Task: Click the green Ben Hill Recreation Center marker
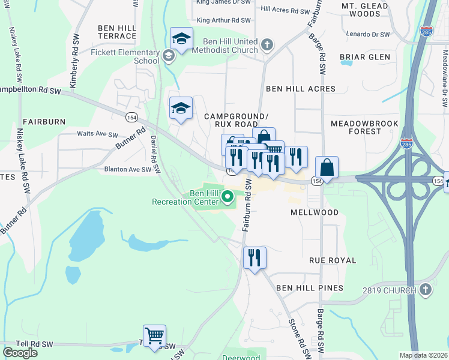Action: click(x=228, y=196)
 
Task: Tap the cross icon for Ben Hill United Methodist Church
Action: click(x=267, y=44)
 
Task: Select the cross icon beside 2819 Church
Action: click(x=425, y=290)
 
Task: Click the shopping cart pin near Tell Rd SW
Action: click(x=155, y=335)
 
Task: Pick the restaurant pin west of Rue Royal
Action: click(x=255, y=257)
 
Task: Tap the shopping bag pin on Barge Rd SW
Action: click(x=327, y=167)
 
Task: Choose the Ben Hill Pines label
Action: click(x=310, y=288)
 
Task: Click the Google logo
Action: click(x=20, y=353)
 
